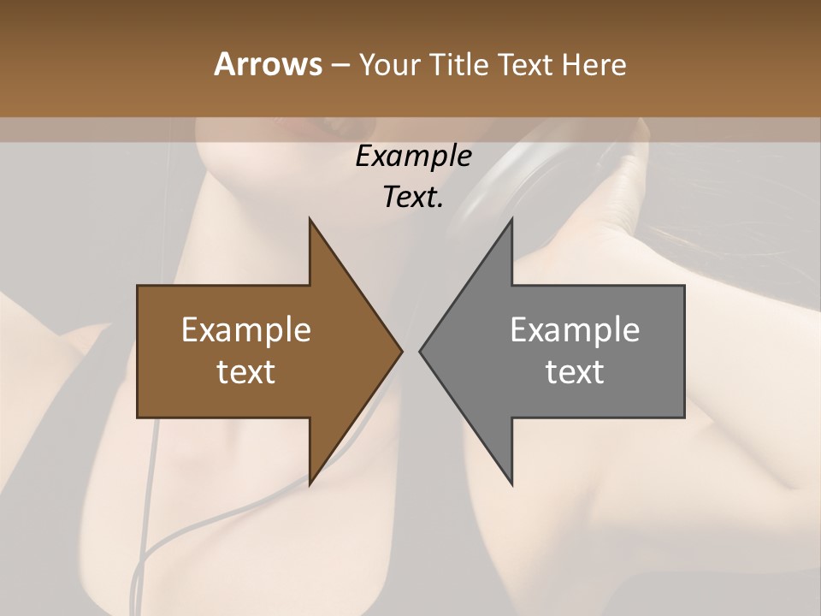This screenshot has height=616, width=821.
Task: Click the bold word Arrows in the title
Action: [267, 64]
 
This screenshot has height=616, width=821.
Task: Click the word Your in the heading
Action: [389, 64]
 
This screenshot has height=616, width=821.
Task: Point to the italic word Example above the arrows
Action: [413, 157]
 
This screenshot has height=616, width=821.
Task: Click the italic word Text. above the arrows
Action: [413, 198]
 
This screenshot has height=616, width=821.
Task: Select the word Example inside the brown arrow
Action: [246, 330]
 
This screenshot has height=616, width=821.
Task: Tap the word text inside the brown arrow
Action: [246, 372]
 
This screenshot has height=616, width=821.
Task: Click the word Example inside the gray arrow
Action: [575, 330]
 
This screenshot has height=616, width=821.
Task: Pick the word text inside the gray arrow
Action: [575, 372]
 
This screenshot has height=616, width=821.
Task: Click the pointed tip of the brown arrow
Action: [401, 351]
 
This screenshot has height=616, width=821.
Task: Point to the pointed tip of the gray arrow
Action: [420, 351]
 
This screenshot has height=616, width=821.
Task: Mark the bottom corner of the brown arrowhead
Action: [310, 483]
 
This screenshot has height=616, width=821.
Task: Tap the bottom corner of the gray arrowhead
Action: [511, 483]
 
